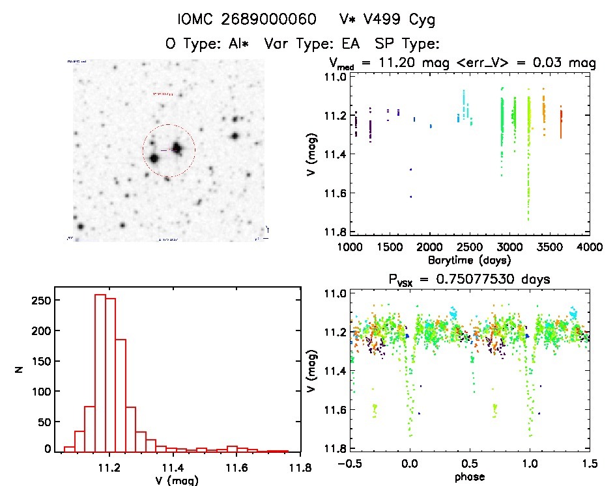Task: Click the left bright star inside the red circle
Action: [x=154, y=157]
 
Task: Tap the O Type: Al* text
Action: [x=209, y=44]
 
